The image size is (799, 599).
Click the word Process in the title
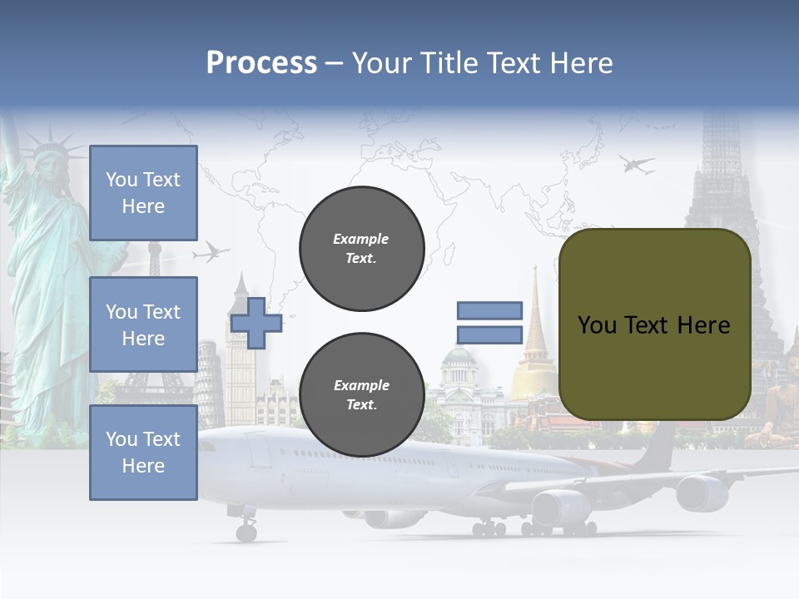pyautogui.click(x=261, y=63)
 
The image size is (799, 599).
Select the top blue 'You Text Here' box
pyautogui.click(x=143, y=193)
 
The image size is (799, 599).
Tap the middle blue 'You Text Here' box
pyautogui.click(x=143, y=324)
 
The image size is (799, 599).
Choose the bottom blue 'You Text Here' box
pyautogui.click(x=143, y=452)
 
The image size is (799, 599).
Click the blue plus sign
pyautogui.click(x=256, y=322)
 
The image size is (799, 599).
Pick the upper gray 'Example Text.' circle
pyautogui.click(x=361, y=248)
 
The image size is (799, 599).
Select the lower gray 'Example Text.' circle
pyautogui.click(x=361, y=394)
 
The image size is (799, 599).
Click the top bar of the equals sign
pyautogui.click(x=489, y=310)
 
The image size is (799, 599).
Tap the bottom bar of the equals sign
pyautogui.click(x=489, y=334)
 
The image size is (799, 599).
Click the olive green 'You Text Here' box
pyautogui.click(x=654, y=324)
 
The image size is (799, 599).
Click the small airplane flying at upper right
pyautogui.click(x=637, y=164)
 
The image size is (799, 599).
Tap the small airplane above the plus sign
pyautogui.click(x=211, y=251)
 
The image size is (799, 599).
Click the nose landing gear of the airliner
pyautogui.click(x=246, y=530)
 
